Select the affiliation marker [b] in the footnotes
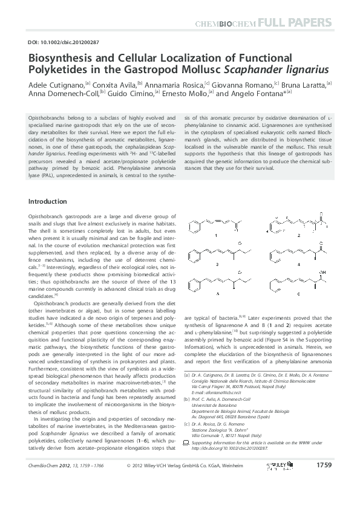click(188, 400)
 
